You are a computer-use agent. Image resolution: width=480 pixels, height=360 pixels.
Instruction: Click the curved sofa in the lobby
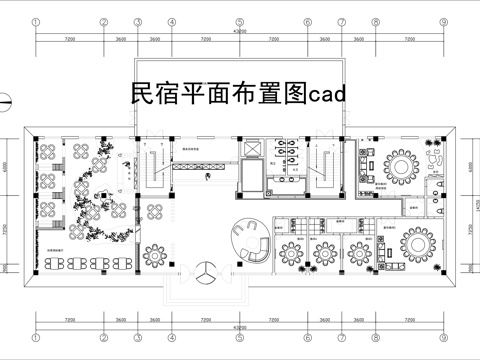pos(251,240)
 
